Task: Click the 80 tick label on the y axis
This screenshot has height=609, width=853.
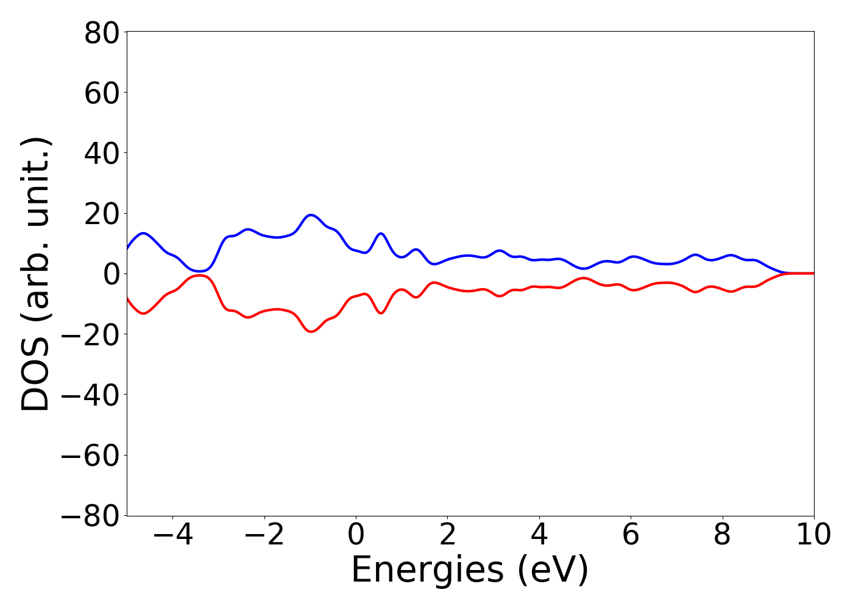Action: [x=101, y=33]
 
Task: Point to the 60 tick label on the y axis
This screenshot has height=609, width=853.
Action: [x=101, y=93]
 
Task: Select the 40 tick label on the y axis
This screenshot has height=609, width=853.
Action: [x=101, y=153]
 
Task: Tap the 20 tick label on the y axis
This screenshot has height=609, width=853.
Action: [x=101, y=214]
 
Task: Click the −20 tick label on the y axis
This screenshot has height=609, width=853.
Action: [x=91, y=334]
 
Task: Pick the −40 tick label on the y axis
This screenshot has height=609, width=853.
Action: [x=91, y=395]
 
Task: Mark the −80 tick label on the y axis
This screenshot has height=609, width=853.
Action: [x=91, y=516]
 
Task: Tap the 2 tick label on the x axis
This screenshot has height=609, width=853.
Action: [x=448, y=536]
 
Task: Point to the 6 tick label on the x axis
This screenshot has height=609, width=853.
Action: [x=631, y=536]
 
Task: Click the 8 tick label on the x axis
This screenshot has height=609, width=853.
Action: [x=722, y=536]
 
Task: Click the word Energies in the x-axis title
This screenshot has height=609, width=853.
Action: [x=427, y=571]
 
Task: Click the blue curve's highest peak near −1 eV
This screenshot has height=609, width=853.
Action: [x=311, y=215]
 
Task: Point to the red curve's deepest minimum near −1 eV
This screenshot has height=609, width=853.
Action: [x=311, y=331]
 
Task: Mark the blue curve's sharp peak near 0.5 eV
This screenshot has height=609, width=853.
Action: [x=381, y=233]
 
